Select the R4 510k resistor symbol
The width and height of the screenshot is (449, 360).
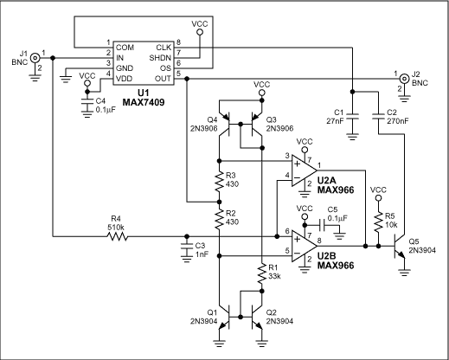click(x=116, y=235)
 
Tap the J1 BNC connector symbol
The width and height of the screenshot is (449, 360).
click(x=35, y=58)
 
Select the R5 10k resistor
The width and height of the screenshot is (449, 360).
click(x=377, y=222)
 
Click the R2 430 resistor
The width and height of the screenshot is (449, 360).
click(x=219, y=217)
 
